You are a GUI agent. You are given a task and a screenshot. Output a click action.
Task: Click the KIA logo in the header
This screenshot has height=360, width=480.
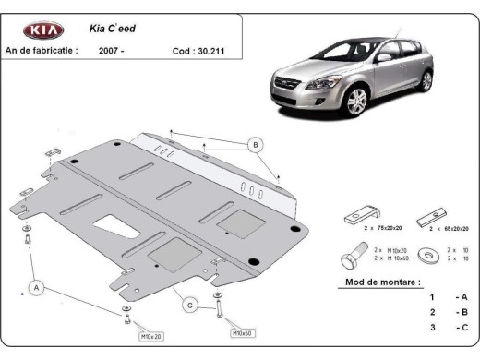click(43, 30)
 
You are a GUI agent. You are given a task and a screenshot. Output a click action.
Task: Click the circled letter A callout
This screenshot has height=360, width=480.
click(37, 289)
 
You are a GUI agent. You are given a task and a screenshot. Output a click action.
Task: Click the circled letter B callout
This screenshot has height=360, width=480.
click(255, 144)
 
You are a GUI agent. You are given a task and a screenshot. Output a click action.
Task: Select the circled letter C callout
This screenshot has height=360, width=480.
click(187, 306)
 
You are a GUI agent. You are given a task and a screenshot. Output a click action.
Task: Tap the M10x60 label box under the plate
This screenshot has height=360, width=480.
click(242, 332)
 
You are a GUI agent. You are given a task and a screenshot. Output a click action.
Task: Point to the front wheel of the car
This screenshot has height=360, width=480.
click(354, 100)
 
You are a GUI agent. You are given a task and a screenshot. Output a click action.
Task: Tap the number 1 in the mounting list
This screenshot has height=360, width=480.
click(431, 296)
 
